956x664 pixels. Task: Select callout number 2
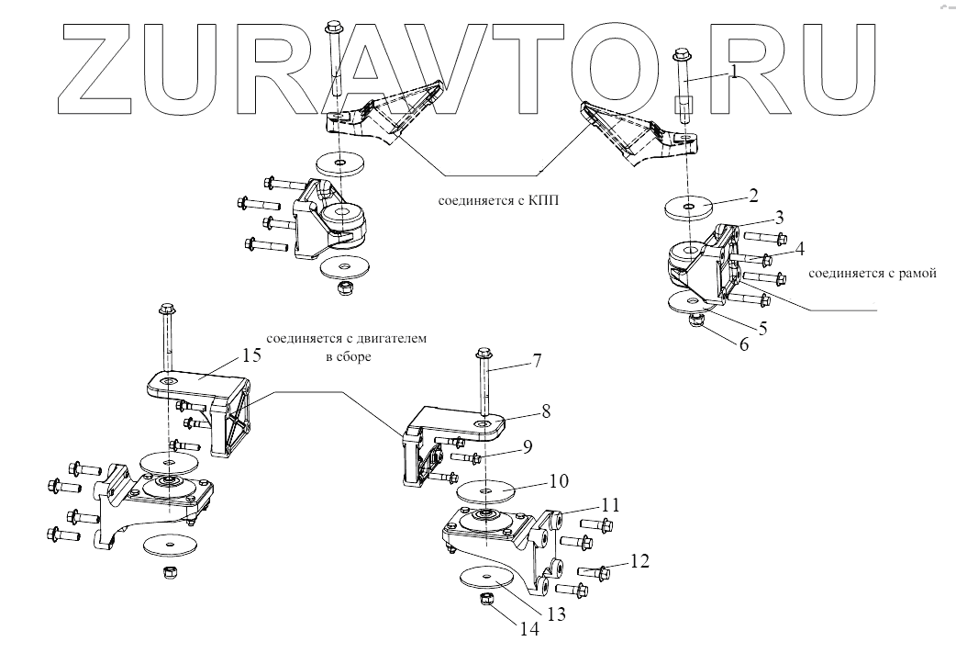[752, 195]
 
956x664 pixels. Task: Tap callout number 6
[743, 345]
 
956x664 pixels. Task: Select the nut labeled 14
[488, 602]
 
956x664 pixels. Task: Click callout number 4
[799, 248]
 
